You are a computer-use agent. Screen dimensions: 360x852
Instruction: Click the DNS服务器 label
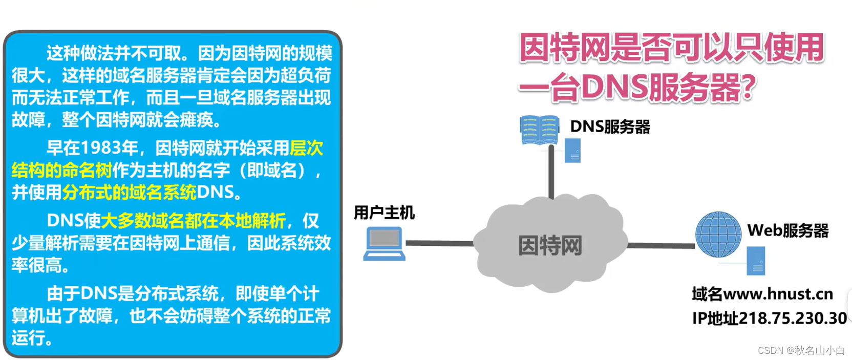(x=610, y=126)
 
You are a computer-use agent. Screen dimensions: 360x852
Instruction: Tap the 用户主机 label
(x=384, y=213)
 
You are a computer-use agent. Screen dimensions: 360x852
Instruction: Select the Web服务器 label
(x=787, y=230)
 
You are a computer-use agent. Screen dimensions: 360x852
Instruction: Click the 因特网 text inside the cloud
(x=550, y=245)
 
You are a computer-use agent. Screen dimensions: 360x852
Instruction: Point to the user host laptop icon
(x=385, y=244)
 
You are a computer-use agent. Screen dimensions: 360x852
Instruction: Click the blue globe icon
(x=718, y=234)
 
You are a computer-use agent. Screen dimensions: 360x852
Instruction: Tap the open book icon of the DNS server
(x=539, y=130)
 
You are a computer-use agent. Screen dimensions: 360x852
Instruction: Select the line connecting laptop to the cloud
(x=439, y=243)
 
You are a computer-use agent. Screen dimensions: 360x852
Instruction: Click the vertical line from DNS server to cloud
(x=551, y=172)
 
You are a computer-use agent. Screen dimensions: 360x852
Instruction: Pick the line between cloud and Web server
(x=661, y=246)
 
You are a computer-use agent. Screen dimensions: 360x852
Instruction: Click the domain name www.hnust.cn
(x=778, y=294)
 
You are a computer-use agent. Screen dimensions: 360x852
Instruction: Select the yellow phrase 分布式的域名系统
(x=129, y=193)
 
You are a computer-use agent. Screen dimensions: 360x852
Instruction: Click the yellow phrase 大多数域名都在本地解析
(x=193, y=221)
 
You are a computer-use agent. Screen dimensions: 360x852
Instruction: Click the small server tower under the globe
(x=756, y=261)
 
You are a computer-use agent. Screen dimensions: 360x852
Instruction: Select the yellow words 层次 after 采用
(x=306, y=148)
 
